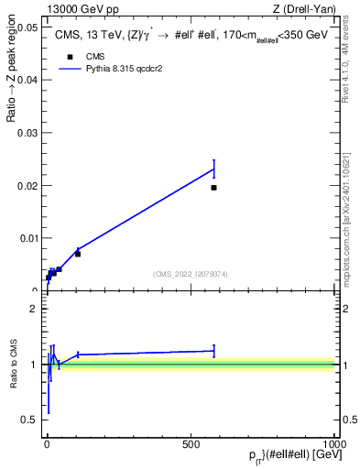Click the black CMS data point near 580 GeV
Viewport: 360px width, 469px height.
pos(213,188)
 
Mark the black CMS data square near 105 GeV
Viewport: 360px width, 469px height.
pos(78,254)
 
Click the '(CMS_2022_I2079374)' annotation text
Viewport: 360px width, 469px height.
pos(190,274)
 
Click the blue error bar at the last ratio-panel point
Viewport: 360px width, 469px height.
pos(213,350)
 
